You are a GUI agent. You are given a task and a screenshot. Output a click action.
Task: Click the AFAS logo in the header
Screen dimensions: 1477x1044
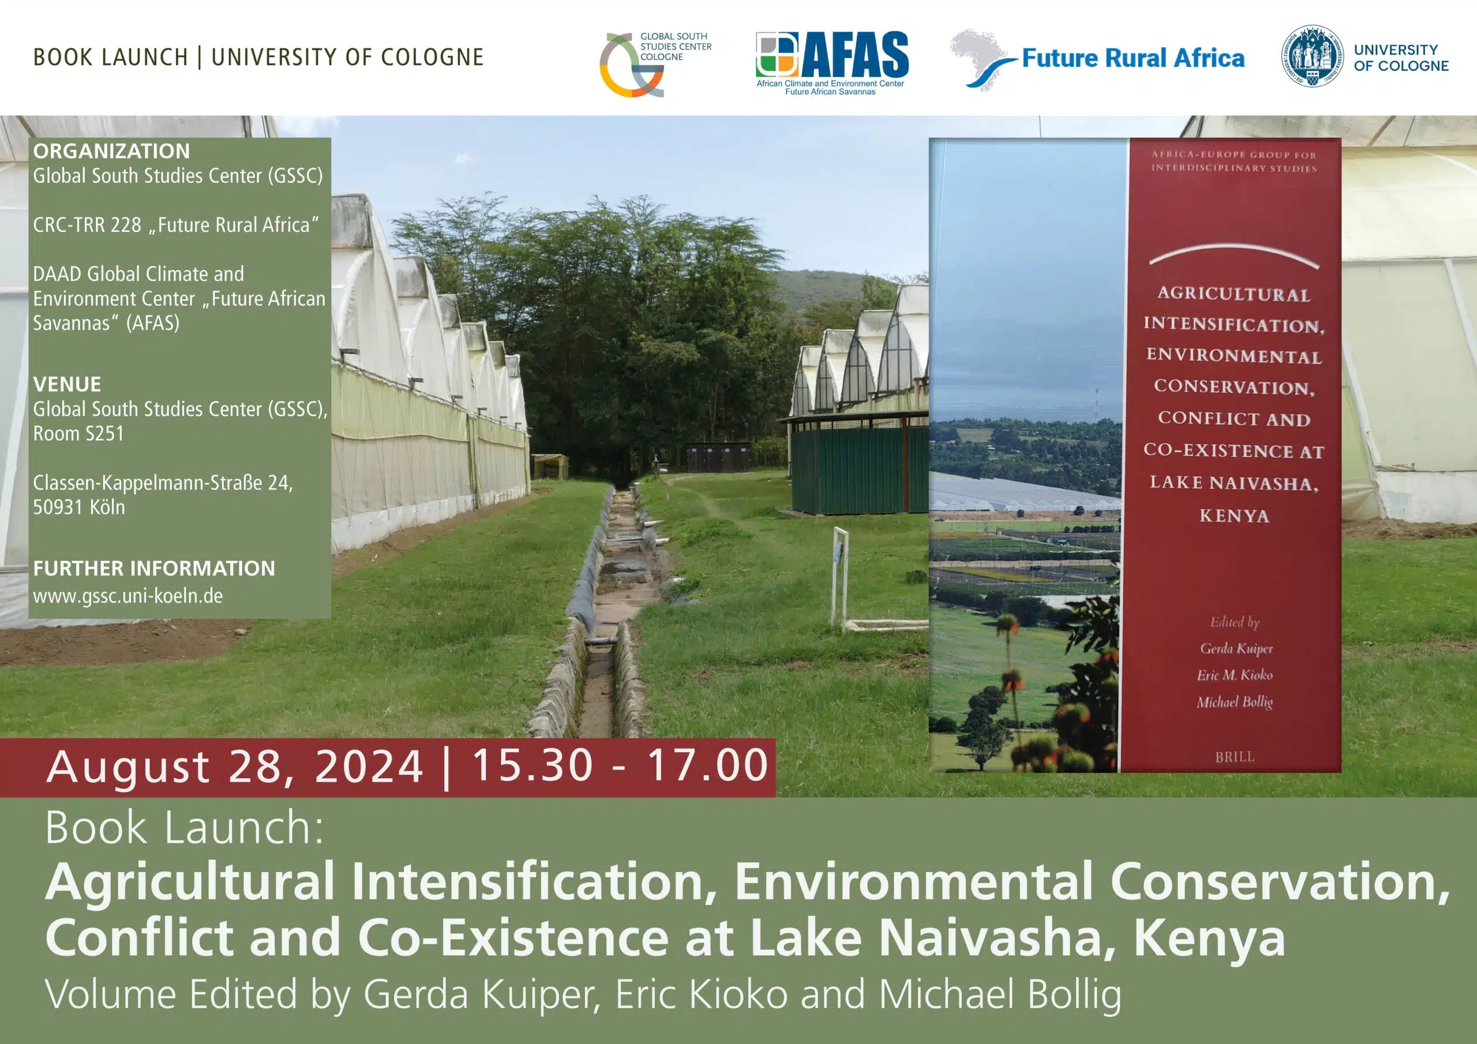[832, 63]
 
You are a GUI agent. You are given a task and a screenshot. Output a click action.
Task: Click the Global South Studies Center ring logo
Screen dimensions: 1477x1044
[631, 65]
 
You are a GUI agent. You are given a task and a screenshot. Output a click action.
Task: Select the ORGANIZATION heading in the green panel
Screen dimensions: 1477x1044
[111, 151]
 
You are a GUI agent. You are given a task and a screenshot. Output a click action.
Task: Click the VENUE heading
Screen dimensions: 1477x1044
[67, 384]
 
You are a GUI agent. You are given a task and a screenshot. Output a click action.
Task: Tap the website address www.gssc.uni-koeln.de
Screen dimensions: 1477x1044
[128, 596]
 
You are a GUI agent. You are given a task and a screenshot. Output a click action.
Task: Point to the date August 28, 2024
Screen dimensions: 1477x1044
[235, 767]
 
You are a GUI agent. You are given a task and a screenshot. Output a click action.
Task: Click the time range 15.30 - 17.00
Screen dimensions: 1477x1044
[620, 765]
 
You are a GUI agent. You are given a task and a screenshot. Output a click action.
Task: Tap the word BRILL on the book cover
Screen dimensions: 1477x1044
[1235, 757]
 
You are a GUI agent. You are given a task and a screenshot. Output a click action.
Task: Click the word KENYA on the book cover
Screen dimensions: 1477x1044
[1234, 515]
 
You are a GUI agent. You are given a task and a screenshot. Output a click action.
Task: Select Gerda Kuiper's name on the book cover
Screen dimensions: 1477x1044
[1236, 648]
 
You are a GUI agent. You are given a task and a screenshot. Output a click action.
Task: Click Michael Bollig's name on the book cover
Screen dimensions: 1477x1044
[1235, 702]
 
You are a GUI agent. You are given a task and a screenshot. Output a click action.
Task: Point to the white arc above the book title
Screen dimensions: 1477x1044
[1234, 253]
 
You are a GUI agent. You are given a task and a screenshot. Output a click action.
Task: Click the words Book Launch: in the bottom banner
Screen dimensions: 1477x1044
[184, 828]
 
